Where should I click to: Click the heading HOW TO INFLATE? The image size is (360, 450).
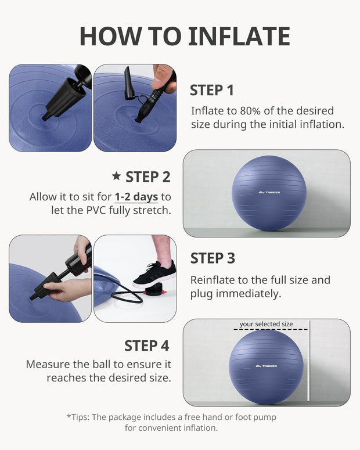pos(185,36)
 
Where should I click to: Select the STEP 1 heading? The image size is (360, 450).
pos(212,90)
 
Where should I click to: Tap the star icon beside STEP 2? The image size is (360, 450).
pos(116,176)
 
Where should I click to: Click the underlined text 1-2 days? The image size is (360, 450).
pos(136,197)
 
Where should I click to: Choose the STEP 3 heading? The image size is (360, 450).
pos(213,258)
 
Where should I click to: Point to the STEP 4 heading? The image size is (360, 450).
pos(146,345)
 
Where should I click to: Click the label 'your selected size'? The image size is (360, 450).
pos(266,324)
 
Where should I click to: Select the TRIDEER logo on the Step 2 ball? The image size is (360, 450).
pos(269,193)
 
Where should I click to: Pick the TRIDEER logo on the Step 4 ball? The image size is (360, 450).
pos(266,366)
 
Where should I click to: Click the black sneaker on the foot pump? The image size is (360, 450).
pos(154,273)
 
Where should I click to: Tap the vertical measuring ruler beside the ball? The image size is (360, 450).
pos(309,363)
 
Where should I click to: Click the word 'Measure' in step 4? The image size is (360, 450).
pos(47,365)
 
